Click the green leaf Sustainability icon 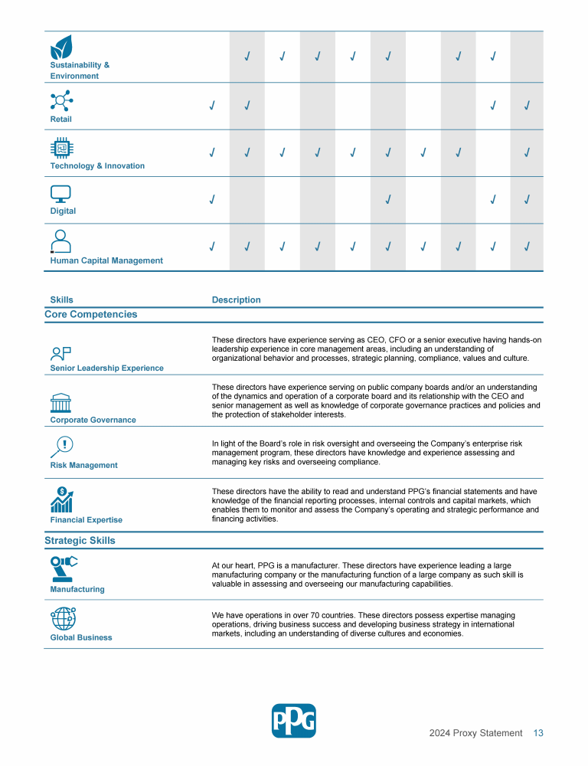point(61,47)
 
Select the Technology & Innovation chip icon point(61,148)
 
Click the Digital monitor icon point(60,194)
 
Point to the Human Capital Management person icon point(60,242)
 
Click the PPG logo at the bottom point(293,721)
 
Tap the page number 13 point(538,733)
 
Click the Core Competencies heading point(90,314)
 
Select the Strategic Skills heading point(80,540)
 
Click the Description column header point(236,300)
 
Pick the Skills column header point(61,300)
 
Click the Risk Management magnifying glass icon point(61,447)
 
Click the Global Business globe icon point(63,618)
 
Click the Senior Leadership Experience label point(106,368)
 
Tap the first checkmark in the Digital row point(211,200)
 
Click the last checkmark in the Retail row point(528,105)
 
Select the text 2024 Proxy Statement point(475,733)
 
